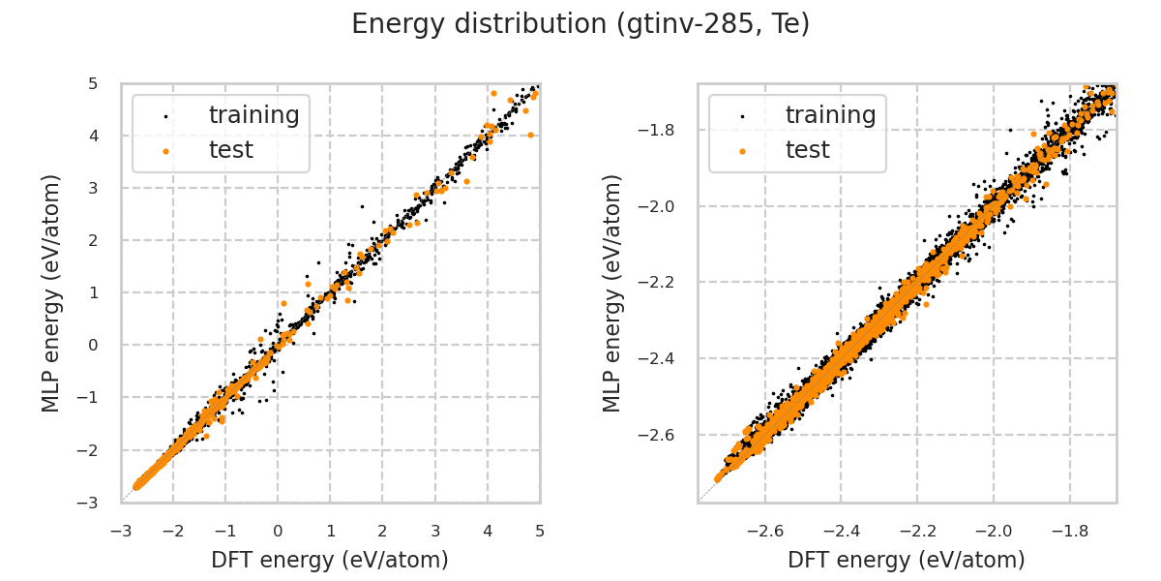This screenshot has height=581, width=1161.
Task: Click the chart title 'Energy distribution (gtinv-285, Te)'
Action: coord(580,24)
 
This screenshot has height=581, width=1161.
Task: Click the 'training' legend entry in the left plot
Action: coord(253,115)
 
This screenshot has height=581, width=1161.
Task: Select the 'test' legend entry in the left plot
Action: coord(230,150)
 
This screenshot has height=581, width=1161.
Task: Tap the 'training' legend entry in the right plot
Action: coord(830,115)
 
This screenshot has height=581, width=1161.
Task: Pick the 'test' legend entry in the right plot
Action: coord(807,150)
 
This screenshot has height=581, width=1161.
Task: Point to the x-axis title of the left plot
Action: coord(330,560)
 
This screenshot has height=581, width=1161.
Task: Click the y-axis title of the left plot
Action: coord(52,292)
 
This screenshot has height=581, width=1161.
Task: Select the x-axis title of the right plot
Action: coord(907,560)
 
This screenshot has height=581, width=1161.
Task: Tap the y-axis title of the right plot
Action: coord(613,292)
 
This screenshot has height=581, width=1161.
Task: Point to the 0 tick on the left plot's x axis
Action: coord(278,531)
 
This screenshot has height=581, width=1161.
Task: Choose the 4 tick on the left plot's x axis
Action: coord(488,531)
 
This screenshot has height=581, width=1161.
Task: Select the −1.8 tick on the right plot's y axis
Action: coord(667,130)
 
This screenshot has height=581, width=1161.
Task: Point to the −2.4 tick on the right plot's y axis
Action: coord(667,358)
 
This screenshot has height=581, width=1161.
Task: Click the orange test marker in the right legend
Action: coord(742,151)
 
